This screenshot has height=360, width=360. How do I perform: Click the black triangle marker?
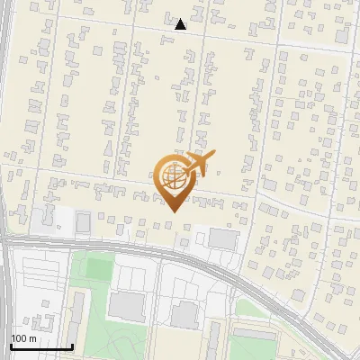(181, 24)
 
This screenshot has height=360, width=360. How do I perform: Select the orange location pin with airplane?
(176, 180)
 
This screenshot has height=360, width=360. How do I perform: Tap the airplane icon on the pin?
(197, 165)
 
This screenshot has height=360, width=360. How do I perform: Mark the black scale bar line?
(40, 346)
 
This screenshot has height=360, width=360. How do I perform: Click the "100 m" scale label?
(23, 337)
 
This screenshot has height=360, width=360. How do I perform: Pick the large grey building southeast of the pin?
(222, 238)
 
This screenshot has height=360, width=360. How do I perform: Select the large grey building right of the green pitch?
(126, 304)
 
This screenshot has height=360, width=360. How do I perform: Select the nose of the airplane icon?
(212, 155)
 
